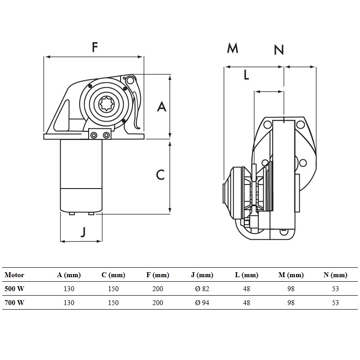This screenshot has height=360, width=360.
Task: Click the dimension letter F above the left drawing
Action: pos(94,47)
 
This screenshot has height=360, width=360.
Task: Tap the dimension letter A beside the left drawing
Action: pos(162,107)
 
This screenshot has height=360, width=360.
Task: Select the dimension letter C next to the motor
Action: pos(161,175)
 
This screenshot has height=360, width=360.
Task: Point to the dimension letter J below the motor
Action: pos(83,232)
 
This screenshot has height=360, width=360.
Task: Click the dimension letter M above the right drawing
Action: pos(232,48)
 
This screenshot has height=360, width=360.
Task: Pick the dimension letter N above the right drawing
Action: pos(279,49)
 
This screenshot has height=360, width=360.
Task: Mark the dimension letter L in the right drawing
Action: pos(246,75)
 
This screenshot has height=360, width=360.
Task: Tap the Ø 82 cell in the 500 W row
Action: pos(202,289)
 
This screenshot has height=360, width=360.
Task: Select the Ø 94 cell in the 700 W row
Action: pos(202,303)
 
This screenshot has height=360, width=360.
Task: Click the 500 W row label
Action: pos(14,289)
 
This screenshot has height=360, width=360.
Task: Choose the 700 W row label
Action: pos(14,303)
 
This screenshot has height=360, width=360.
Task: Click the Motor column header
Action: pos(14,275)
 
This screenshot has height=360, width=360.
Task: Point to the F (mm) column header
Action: pos(157,275)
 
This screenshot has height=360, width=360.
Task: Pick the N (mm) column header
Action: pos(335,275)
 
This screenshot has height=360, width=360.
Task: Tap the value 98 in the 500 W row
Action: pos(291,289)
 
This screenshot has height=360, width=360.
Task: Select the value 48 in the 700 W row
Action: pos(247,303)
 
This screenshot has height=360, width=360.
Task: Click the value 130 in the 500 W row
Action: pos(69,289)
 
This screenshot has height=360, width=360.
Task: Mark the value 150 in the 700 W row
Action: pos(113,303)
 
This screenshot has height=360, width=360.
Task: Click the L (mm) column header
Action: pos(247,275)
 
